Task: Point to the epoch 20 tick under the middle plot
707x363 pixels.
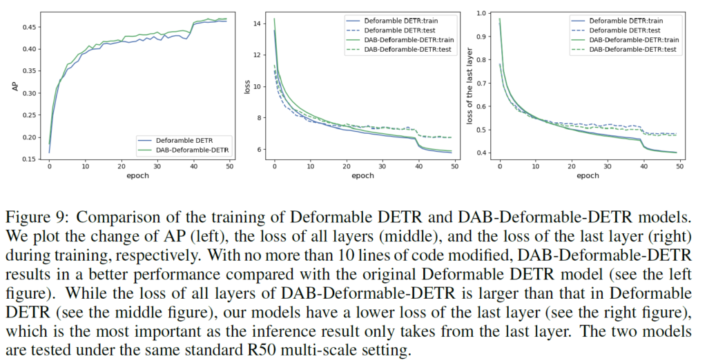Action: click(x=347, y=166)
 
